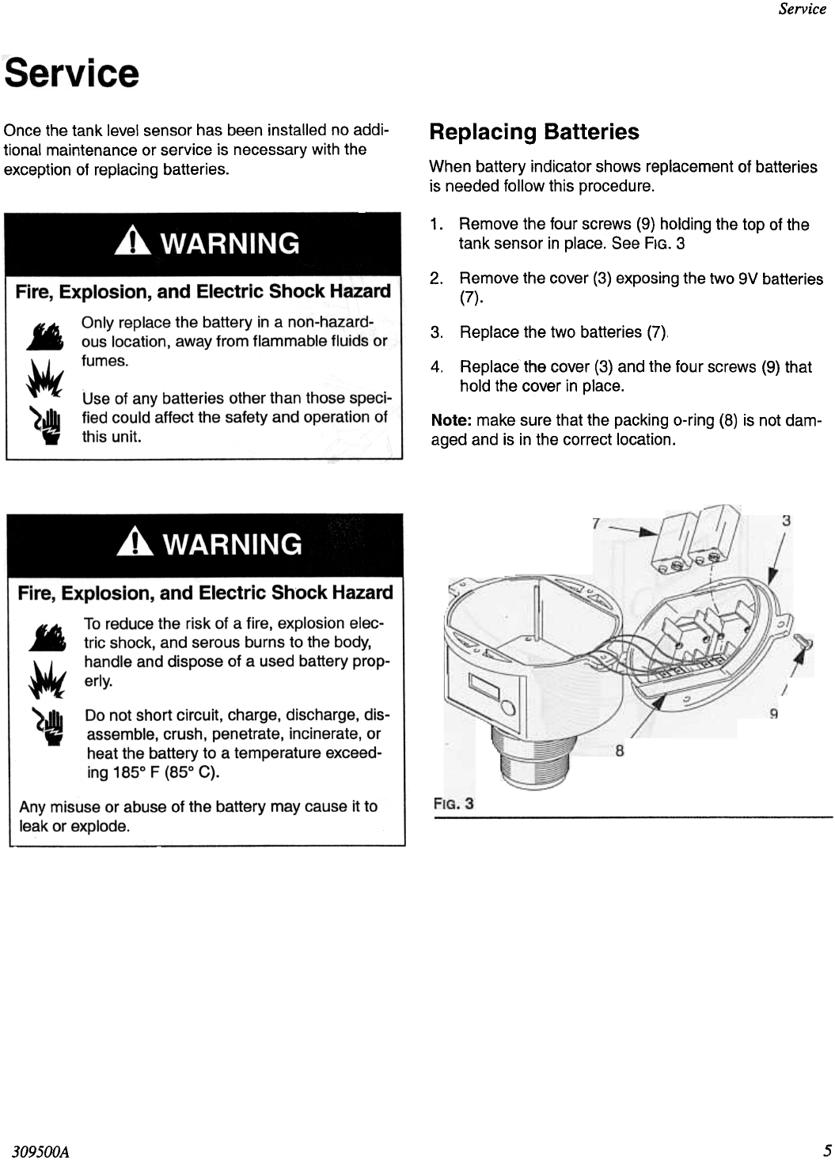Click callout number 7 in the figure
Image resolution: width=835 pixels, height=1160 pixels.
(595, 523)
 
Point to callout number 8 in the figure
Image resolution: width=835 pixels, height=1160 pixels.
(620, 751)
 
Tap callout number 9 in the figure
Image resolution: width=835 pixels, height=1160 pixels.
(774, 715)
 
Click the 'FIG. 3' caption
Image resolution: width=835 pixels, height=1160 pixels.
(454, 804)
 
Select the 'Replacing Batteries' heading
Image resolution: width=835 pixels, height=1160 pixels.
(533, 132)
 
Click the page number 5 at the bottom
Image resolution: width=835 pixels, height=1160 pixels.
(826, 1150)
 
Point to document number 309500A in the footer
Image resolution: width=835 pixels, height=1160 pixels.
(40, 1151)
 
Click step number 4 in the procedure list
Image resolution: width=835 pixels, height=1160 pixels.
(435, 367)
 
